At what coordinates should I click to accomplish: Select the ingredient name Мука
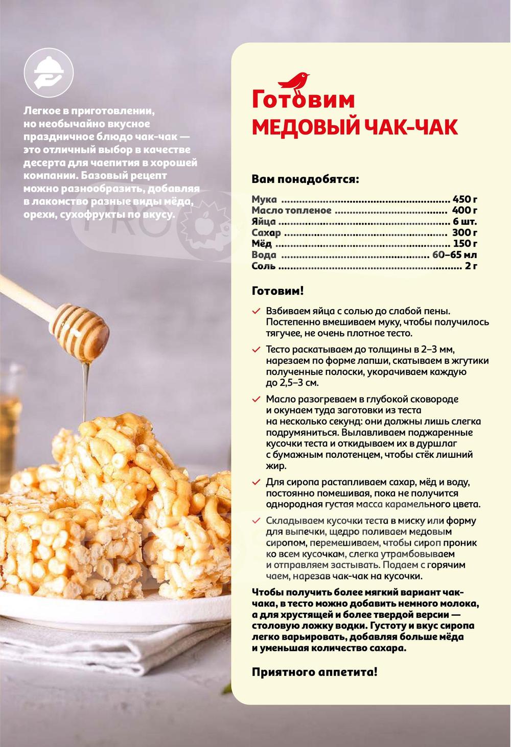(264, 199)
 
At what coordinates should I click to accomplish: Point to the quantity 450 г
(464, 199)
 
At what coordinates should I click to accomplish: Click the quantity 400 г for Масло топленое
(464, 211)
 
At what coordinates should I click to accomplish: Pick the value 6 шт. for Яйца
(464, 222)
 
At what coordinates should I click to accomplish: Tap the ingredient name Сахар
(266, 233)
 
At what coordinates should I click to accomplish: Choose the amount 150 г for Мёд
(465, 244)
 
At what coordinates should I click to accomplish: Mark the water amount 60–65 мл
(455, 255)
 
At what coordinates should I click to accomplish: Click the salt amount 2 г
(471, 266)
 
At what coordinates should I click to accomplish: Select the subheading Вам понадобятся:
(305, 180)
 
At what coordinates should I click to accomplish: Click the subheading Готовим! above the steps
(278, 291)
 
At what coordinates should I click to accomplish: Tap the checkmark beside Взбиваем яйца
(256, 311)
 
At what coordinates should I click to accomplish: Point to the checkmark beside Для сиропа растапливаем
(256, 482)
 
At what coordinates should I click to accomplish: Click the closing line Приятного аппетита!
(314, 672)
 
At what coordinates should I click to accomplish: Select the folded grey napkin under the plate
(77, 649)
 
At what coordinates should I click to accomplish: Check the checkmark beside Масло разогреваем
(256, 400)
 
